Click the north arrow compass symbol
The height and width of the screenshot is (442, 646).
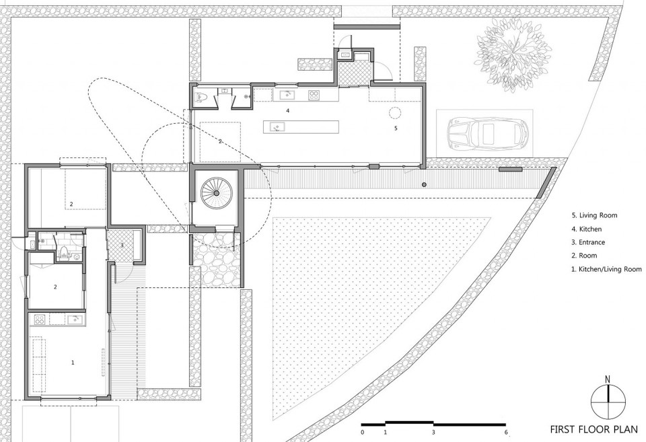point(608,401)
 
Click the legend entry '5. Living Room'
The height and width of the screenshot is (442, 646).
point(594,215)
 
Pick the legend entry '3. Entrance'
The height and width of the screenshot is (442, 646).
point(588,242)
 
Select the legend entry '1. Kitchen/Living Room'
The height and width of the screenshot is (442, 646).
point(606,269)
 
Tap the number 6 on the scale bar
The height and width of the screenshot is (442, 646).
point(506,432)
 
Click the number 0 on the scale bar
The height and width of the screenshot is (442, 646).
point(362,432)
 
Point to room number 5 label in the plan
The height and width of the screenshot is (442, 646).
point(396,128)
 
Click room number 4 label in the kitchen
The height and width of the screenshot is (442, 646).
point(288,110)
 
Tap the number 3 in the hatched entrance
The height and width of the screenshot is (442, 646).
point(122,246)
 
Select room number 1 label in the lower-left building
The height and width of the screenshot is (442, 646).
point(73,363)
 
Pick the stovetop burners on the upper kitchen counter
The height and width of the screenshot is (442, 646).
point(314,95)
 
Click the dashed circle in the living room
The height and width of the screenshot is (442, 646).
point(395,112)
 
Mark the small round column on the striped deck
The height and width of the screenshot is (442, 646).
point(424,184)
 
